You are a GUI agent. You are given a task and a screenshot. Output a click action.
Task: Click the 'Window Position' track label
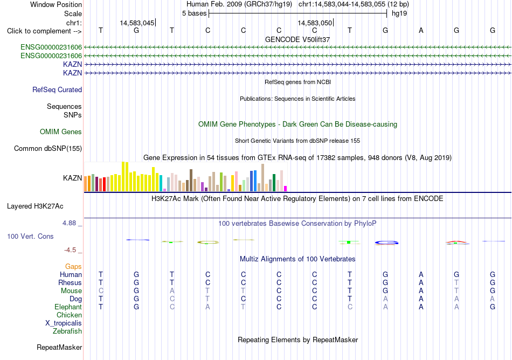coord(56,4)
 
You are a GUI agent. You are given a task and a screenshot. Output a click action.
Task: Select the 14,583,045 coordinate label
coord(137,23)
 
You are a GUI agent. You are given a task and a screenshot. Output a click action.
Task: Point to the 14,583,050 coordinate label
coord(315,23)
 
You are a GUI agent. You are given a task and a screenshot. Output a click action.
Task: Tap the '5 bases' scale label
coord(194,13)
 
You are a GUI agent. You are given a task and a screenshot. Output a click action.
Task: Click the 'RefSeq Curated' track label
coord(57,90)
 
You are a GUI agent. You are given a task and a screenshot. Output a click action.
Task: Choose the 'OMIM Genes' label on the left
coord(61,131)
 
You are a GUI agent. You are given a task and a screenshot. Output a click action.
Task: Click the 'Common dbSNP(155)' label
coord(48,149)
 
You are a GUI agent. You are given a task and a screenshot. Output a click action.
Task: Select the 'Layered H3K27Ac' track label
coord(35,206)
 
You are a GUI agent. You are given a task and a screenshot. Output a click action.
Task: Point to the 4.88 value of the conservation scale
coord(69,223)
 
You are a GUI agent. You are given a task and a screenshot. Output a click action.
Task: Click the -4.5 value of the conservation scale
coord(70,250)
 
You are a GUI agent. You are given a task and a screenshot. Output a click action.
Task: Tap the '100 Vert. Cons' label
coord(30,236)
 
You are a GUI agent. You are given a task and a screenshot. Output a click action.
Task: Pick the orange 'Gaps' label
coord(73,267)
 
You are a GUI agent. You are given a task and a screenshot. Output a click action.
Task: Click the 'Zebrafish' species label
coord(67,331)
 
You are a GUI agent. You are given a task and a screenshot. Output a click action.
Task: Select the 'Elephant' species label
coord(68,307)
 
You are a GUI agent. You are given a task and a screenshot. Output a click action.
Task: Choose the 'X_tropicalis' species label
coord(64,323)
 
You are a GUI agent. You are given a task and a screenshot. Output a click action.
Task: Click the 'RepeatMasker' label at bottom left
coord(59,347)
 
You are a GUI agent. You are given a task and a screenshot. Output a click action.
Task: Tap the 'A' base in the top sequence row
coord(421,31)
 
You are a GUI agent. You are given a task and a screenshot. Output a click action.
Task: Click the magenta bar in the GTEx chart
coord(286,189)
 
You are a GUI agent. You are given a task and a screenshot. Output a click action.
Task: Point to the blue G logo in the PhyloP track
coord(386,243)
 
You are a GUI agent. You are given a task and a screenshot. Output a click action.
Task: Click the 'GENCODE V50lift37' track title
coord(297,39)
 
